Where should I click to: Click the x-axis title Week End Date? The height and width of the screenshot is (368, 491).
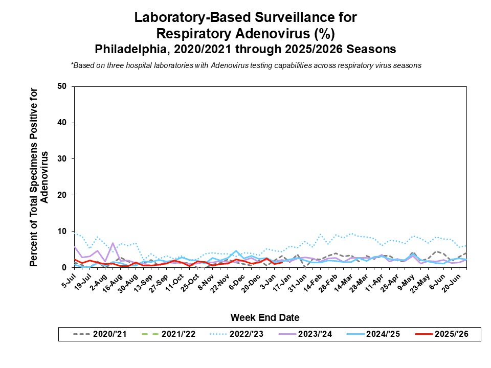[x=264, y=317]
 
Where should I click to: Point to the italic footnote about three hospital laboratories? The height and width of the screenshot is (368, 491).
[x=245, y=65]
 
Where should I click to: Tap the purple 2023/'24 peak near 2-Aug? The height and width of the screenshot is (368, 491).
[x=113, y=243]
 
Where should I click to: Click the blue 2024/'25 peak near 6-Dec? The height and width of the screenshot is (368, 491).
[x=236, y=251]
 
